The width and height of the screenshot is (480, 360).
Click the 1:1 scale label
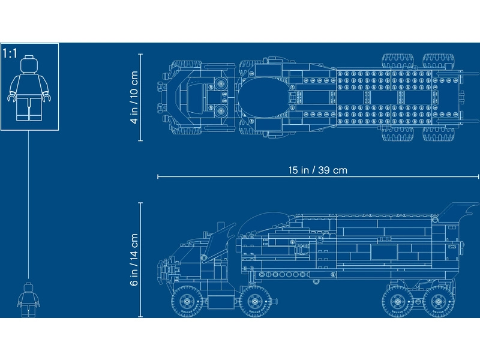tap(10, 53)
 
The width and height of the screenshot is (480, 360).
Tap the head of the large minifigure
tap(29, 64)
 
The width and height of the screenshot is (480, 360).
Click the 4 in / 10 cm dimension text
tap(134, 97)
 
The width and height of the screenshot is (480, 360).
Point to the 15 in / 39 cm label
tap(318, 170)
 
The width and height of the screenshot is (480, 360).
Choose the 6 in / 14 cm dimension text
tap(134, 260)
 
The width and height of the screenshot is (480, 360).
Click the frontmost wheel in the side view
tap(186, 302)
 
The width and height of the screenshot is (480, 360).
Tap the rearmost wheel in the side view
tap(439, 302)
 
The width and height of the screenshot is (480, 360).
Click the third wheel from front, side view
tap(397, 302)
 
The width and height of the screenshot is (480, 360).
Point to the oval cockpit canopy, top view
tap(264, 97)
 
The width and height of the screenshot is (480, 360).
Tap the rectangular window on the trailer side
tap(384, 252)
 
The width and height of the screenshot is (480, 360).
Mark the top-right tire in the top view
tap(439, 61)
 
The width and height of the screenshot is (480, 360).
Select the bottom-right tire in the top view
tap(439, 134)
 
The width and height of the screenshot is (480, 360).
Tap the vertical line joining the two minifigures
tap(28, 205)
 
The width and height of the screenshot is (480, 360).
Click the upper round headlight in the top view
tap(220, 83)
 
